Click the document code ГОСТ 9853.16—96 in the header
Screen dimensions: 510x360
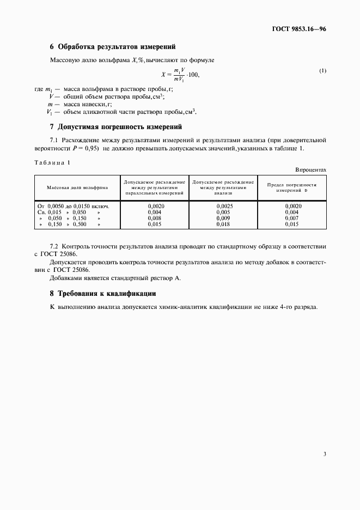(x=299, y=29)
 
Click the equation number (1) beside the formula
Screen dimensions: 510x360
(x=322, y=71)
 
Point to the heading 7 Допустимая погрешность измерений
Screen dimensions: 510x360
(x=115, y=127)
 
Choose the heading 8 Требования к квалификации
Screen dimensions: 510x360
(x=103, y=293)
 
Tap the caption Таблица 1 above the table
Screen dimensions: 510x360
(x=52, y=162)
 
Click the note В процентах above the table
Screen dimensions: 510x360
(x=311, y=169)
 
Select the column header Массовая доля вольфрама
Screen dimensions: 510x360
(x=77, y=187)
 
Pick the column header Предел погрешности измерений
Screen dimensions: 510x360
(x=292, y=187)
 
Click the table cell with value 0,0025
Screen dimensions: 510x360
(x=224, y=206)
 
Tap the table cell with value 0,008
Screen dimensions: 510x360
(x=155, y=218)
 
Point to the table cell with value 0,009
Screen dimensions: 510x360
(x=223, y=218)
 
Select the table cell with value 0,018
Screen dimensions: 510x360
(x=223, y=224)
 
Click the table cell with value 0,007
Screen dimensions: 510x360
(x=292, y=218)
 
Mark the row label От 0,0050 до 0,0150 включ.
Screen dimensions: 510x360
(x=73, y=206)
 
